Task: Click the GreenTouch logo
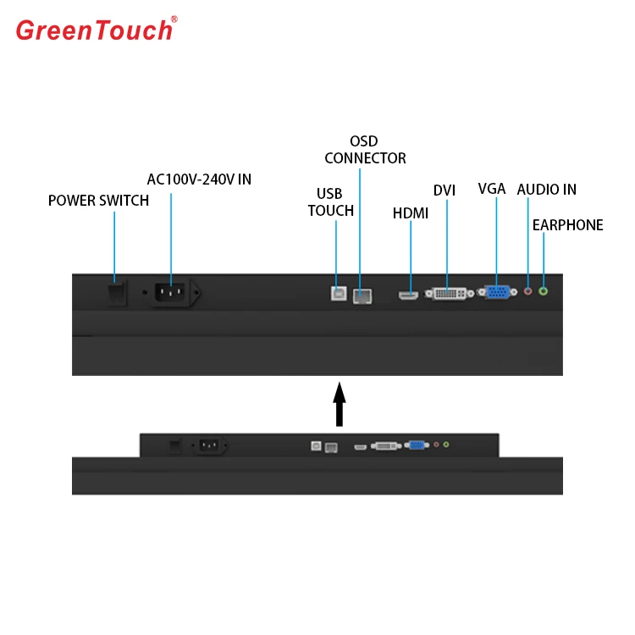click(95, 30)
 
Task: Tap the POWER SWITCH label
click(98, 201)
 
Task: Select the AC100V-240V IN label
click(199, 179)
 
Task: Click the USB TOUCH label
click(330, 202)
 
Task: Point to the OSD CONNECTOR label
click(365, 150)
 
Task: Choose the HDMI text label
click(411, 213)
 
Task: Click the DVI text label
click(444, 190)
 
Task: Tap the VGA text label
click(492, 189)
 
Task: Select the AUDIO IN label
click(546, 189)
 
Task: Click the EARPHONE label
click(567, 225)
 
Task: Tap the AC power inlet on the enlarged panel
click(172, 293)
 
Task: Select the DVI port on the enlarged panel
click(448, 294)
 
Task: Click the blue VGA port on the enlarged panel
click(496, 293)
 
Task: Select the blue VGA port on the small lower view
click(417, 444)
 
